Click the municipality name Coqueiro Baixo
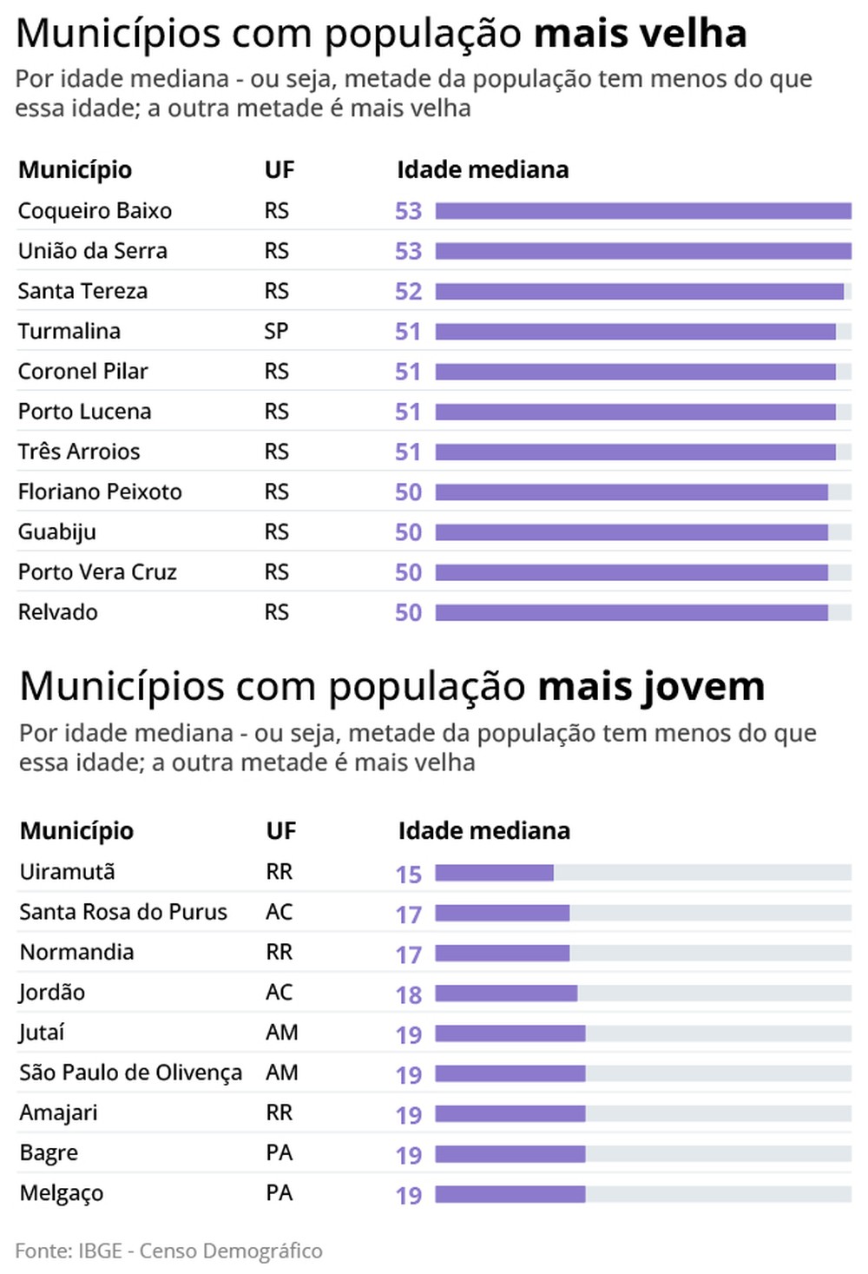[95, 211]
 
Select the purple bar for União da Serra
[642, 251]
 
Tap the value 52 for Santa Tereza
[408, 292]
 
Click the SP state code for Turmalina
[276, 332]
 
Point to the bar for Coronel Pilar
[635, 372]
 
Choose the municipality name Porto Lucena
[84, 412]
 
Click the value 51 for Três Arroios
[408, 452]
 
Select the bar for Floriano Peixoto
[631, 492]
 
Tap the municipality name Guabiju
[56, 532]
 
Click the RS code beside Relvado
[276, 612]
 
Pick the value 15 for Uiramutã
[408, 875]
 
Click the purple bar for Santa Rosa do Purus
[502, 913]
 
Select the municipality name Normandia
[76, 952]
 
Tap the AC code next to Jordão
[279, 992]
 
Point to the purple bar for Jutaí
[510, 1033]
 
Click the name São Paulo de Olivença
[130, 1073]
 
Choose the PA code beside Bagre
[279, 1152]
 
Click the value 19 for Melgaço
[408, 1196]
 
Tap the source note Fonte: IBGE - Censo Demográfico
[168, 1251]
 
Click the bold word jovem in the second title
[703, 687]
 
